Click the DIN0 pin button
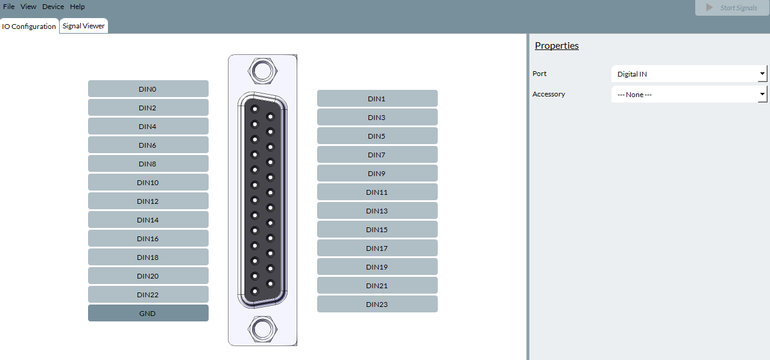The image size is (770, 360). tap(148, 89)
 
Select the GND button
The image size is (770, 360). tap(148, 313)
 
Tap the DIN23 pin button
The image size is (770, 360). tap(377, 304)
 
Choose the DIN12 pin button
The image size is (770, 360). tap(148, 201)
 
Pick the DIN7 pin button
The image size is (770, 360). tap(377, 154)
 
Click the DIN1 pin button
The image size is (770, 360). tap(377, 98)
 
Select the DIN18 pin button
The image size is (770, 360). tap(148, 257)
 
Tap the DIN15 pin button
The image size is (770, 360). tap(377, 229)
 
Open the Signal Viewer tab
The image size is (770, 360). tap(84, 26)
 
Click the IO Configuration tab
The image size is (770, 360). tap(29, 26)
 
